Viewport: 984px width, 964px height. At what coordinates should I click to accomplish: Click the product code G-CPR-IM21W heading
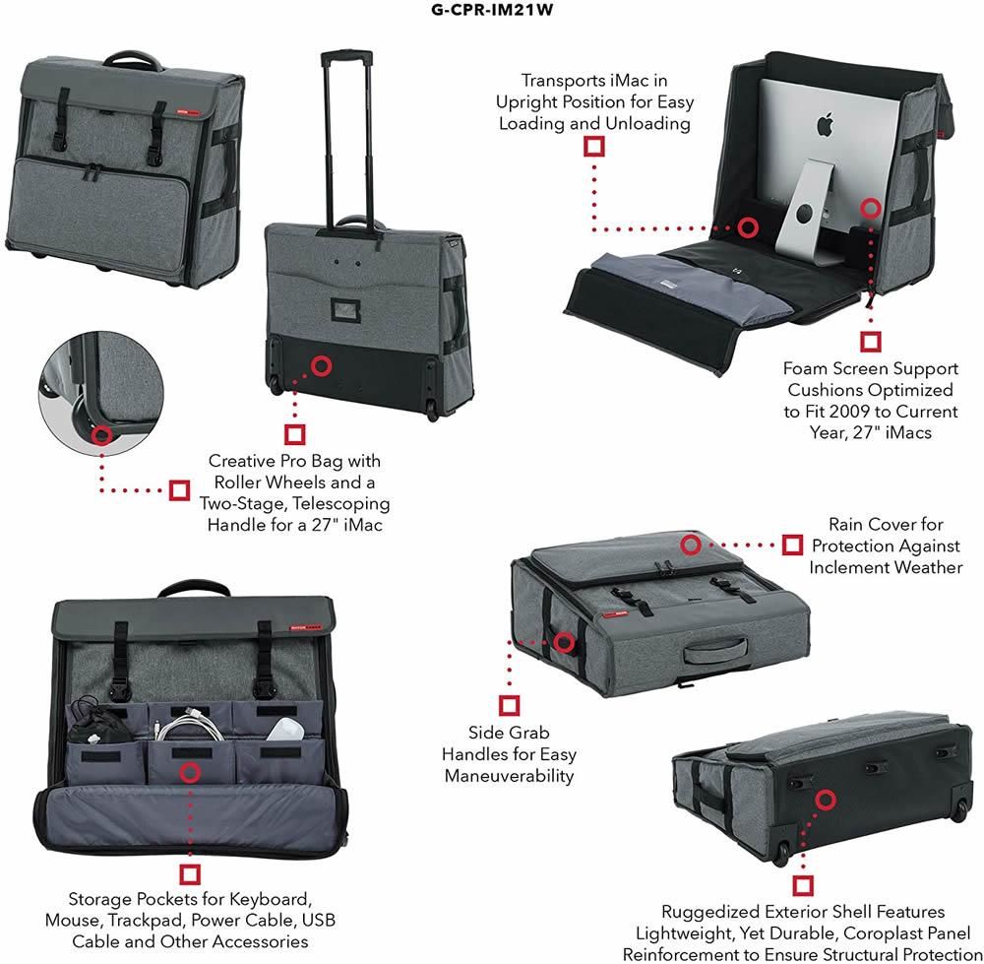pos(491,12)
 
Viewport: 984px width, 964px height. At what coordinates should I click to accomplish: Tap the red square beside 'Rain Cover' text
pos(792,545)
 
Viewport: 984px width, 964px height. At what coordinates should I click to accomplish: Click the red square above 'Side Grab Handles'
pos(510,705)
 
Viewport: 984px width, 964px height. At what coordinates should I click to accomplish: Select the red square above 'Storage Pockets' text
pos(190,873)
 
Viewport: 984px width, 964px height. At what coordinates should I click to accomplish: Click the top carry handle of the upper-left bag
pos(124,58)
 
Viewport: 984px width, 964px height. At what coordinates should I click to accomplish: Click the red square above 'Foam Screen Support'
pos(870,341)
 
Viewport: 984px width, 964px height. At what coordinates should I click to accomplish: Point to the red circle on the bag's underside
pos(825,800)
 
